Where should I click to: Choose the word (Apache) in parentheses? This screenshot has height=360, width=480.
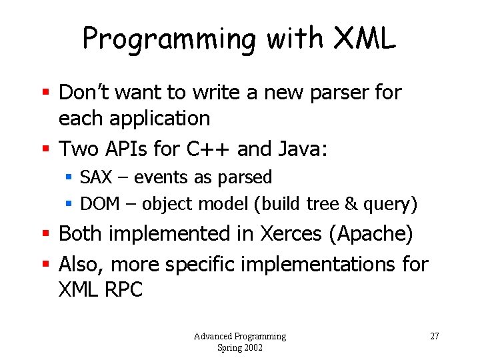point(375,234)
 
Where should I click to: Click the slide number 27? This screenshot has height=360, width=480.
point(434,336)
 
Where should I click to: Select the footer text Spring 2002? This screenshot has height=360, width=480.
point(239,347)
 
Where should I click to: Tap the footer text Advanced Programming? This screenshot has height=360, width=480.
point(239,336)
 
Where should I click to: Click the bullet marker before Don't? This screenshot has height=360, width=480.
point(47,93)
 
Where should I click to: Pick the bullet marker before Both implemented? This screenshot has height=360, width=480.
point(47,235)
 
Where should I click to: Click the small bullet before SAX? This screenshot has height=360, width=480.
point(69,178)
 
